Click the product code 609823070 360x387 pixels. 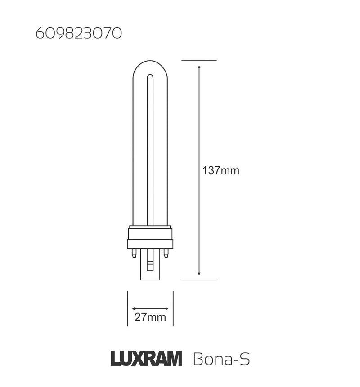point(78,34)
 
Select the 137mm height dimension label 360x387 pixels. point(220,171)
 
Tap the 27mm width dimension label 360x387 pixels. point(150,318)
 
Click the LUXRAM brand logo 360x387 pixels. point(146,359)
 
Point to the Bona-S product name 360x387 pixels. point(221,359)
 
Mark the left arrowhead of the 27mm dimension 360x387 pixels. point(133,309)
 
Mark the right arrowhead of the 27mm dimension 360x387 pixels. point(167,309)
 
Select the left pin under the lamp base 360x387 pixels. point(134,254)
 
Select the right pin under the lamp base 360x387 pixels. point(166,254)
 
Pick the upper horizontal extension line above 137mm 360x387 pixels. point(199,60)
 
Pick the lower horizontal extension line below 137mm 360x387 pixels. point(199,280)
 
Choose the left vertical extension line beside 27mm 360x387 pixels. point(128,309)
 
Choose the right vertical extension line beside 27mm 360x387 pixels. point(173,309)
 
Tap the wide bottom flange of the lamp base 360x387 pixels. point(150,244)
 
